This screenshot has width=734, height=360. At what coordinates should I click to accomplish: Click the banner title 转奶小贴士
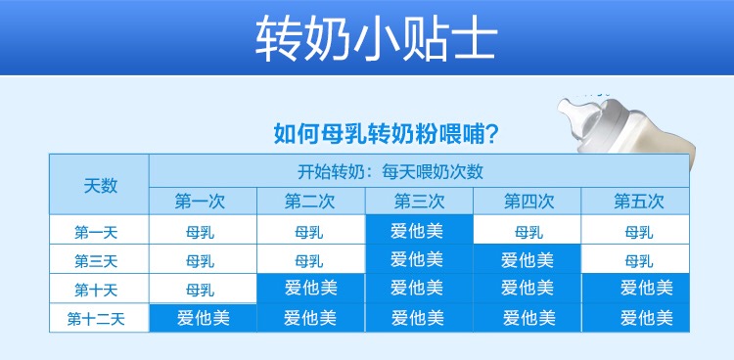point(376,38)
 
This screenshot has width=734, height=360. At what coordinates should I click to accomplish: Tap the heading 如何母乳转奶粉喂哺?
point(386,134)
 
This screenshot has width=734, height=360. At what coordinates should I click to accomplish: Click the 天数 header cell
point(100,185)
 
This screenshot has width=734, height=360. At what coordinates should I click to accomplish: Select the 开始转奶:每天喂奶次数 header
point(390,171)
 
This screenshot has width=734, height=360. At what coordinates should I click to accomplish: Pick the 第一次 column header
point(203,202)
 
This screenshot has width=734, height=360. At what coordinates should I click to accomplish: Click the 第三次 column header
point(420,202)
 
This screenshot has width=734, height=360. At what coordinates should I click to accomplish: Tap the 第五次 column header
point(635,202)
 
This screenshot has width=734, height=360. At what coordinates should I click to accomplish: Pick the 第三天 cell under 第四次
point(528,259)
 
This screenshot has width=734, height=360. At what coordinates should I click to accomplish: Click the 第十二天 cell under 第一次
point(203,318)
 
